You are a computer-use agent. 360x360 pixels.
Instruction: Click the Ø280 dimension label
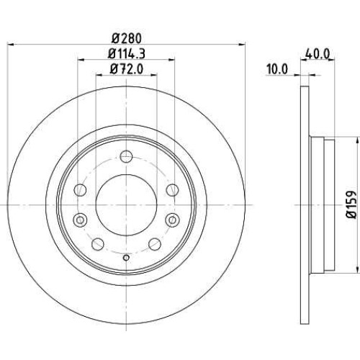coord(127,38)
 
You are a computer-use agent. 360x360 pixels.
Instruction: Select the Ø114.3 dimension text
coord(127,53)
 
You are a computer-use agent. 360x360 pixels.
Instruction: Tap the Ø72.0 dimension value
coord(127,69)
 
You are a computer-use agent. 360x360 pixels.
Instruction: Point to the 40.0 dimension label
coord(318,54)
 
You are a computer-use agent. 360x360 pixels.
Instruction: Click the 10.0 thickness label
coord(277,69)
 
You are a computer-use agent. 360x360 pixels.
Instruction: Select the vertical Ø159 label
coord(352,204)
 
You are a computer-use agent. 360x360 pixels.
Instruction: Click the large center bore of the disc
coord(126,204)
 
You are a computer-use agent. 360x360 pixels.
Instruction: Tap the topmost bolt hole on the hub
coord(126,156)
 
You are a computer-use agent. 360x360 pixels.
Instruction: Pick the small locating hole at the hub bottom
coord(126,258)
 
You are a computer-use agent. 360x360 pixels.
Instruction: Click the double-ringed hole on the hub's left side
coord(80,220)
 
